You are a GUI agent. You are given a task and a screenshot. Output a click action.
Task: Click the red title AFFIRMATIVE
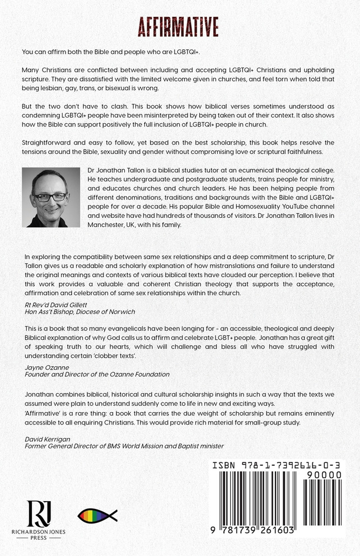(180, 27)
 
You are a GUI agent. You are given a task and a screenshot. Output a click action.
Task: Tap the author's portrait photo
(50, 197)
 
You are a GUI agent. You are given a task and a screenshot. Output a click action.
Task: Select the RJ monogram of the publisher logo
(39, 513)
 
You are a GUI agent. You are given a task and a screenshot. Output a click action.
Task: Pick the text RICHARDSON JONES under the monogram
(39, 531)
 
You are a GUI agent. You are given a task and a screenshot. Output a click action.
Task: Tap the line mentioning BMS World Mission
(124, 446)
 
